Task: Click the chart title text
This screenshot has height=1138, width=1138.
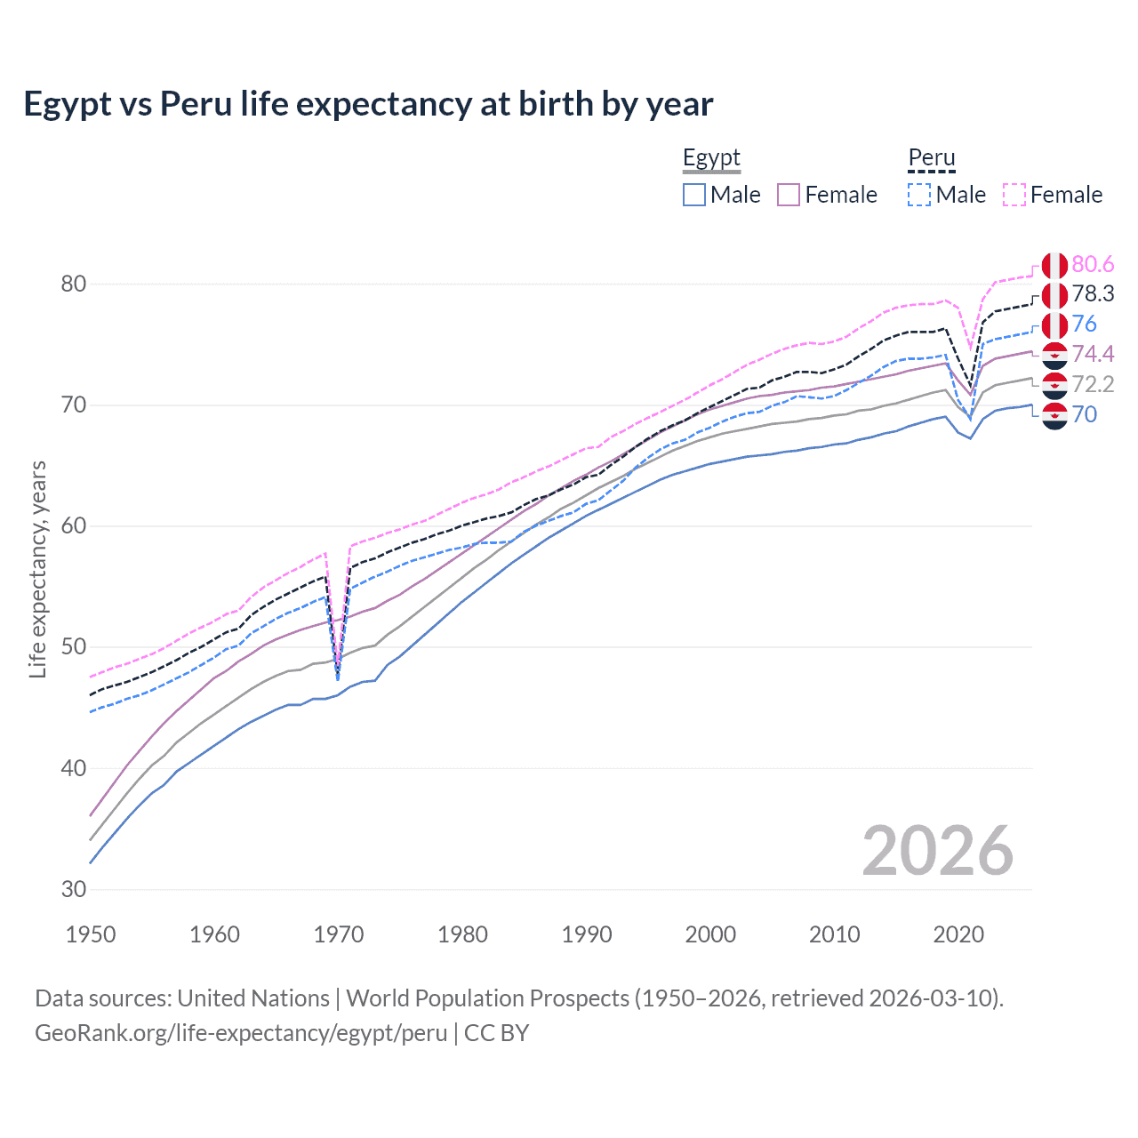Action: tap(368, 104)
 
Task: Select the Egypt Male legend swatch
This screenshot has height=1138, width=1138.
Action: tap(694, 195)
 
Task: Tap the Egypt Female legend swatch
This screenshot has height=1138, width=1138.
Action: tap(789, 195)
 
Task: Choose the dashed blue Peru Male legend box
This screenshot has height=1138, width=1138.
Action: tap(919, 195)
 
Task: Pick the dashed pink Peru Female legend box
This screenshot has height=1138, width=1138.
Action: tap(1014, 195)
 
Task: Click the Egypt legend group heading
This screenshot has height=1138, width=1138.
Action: tap(711, 158)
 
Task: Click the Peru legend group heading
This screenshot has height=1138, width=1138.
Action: tap(931, 158)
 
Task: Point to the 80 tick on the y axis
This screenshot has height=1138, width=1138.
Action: tap(74, 284)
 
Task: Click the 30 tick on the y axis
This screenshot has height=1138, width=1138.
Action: tap(74, 889)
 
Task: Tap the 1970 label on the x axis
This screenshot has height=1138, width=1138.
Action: tap(339, 934)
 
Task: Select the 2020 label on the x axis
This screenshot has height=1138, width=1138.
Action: tap(958, 934)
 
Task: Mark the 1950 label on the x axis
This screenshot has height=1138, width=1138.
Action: tap(91, 934)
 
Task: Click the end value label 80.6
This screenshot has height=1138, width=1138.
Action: tap(1093, 264)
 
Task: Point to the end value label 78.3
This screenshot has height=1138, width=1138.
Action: tap(1093, 294)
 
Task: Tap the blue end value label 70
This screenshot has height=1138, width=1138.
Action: tap(1085, 414)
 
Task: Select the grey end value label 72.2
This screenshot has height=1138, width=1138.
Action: tap(1093, 384)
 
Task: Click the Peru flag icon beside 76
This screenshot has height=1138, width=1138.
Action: tap(1054, 325)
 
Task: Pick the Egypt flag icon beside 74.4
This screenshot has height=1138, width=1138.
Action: tap(1054, 355)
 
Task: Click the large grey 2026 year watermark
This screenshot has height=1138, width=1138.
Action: tap(938, 851)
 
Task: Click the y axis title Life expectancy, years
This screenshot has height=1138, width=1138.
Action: tap(38, 569)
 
